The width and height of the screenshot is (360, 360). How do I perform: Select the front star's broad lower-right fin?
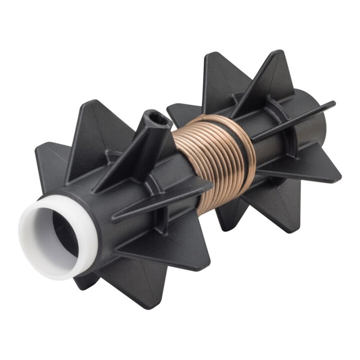[180, 252]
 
